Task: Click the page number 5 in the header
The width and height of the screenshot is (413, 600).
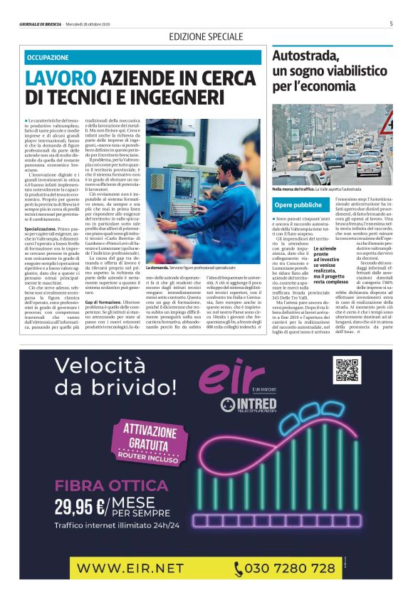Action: click(x=391, y=23)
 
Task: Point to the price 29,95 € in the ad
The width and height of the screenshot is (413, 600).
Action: click(x=80, y=506)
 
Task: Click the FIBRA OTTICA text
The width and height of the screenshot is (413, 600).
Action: click(x=101, y=486)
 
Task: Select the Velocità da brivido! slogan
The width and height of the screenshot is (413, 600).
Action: click(x=116, y=377)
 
